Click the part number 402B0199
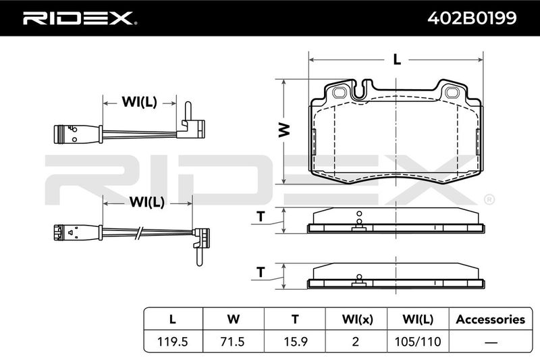(472, 18)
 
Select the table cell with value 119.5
(173, 341)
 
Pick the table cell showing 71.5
(233, 341)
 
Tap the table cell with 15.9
(295, 341)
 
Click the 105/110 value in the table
(418, 341)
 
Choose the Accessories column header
(491, 319)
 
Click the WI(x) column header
(357, 319)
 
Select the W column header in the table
(233, 319)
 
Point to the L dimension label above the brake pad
(397, 59)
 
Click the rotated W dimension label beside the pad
(284, 130)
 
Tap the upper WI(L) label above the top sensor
(140, 102)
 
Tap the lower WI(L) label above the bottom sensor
(147, 202)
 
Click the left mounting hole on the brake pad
(340, 93)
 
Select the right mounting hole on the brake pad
(452, 93)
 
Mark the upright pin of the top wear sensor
(188, 110)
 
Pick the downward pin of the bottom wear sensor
(199, 257)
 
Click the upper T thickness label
(261, 216)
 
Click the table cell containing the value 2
(356, 341)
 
